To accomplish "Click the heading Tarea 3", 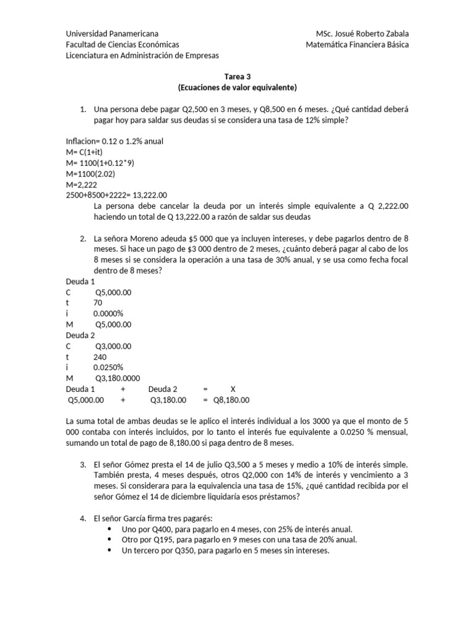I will tap(237, 77).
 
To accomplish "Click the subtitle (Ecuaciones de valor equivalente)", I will tap(237, 87).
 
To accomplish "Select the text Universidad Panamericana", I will tap(112, 33).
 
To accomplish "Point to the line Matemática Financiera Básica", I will tap(357, 45).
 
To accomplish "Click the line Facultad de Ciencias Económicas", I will tap(122, 45).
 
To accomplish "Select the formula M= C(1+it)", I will tap(88, 152).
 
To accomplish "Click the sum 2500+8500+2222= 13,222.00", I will tap(116, 195).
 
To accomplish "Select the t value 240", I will tap(100, 357).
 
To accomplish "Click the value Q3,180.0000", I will tap(118, 378).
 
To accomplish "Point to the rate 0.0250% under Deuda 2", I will tap(108, 368).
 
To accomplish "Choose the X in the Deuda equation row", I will tap(233, 389).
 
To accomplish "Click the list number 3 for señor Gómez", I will tap(83, 464).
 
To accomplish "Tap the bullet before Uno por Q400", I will tap(110, 529).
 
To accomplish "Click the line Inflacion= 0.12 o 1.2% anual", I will tap(114, 141).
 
